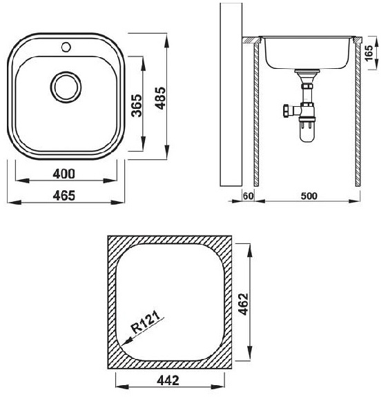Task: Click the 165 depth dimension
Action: [x=368, y=53]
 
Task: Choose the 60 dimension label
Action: [x=249, y=196]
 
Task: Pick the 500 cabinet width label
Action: [x=309, y=196]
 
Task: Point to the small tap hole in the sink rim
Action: [x=67, y=47]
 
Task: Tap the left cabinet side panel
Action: [x=255, y=114]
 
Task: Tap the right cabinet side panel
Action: [x=358, y=114]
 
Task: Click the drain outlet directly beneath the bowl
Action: [x=305, y=74]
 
